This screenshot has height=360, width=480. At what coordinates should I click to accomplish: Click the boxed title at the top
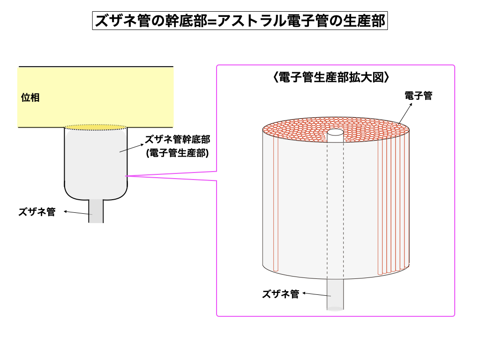click(240, 21)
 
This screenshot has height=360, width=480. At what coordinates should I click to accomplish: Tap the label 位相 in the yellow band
click(30, 97)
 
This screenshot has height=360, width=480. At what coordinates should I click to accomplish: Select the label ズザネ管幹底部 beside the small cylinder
click(178, 139)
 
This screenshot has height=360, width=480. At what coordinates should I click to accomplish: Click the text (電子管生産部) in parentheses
click(178, 153)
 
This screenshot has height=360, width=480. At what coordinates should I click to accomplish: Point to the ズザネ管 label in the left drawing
click(37, 211)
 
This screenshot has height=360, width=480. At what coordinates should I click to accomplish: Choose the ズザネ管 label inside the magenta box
click(281, 294)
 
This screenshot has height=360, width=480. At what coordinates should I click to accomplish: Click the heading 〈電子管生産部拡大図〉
click(331, 77)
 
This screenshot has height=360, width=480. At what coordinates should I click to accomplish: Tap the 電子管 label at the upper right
click(419, 96)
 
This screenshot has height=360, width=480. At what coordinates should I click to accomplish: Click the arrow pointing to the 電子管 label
click(405, 113)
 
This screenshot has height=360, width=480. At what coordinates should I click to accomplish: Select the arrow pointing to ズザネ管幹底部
click(132, 148)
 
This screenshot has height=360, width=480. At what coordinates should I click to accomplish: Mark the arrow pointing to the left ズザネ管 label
click(78, 212)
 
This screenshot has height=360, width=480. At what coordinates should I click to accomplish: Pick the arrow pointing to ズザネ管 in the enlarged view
click(317, 294)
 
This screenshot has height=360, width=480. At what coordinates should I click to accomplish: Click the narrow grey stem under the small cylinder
click(96, 211)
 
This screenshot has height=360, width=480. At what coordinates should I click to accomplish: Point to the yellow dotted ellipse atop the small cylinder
click(96, 127)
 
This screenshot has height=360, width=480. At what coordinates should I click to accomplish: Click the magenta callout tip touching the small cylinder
click(126, 176)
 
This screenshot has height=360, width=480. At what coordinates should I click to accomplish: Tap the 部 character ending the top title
click(378, 21)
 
